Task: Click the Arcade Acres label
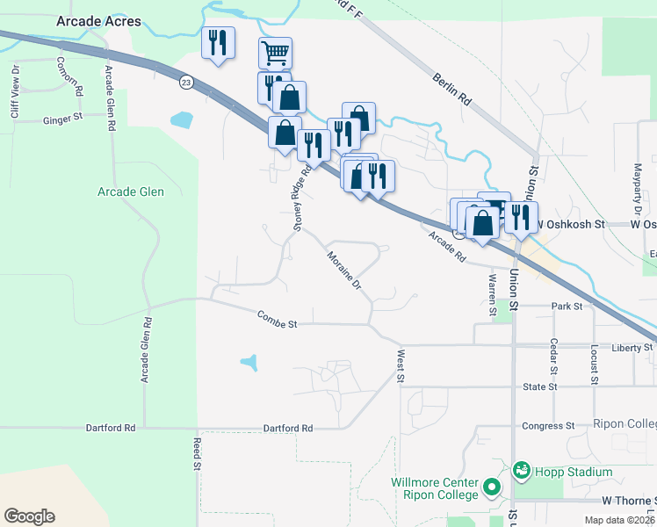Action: pyautogui.click(x=98, y=21)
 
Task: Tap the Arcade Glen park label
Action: pyautogui.click(x=130, y=191)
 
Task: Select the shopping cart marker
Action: pyautogui.click(x=275, y=54)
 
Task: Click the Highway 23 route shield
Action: pyautogui.click(x=185, y=82)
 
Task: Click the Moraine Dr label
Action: pyautogui.click(x=344, y=271)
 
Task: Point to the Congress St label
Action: pyautogui.click(x=548, y=426)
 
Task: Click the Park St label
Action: pyautogui.click(x=567, y=306)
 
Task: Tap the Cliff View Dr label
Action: pyautogui.click(x=15, y=91)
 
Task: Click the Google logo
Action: pyautogui.click(x=29, y=516)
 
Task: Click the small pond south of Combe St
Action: pyautogui.click(x=250, y=361)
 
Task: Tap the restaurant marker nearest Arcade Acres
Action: pyautogui.click(x=218, y=43)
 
